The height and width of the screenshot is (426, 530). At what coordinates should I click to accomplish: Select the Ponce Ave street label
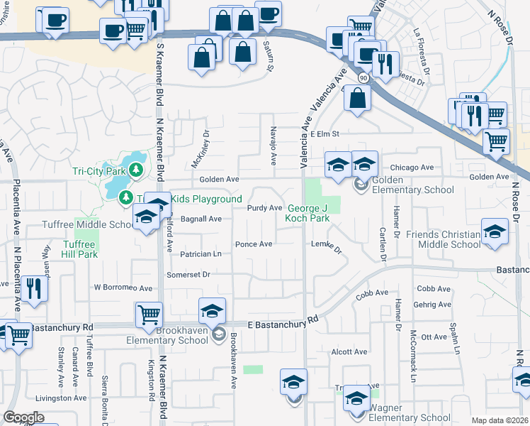pos(254,244)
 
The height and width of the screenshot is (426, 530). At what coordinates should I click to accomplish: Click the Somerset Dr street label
pos(188,274)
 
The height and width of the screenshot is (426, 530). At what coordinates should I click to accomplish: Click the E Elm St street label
pos(325,133)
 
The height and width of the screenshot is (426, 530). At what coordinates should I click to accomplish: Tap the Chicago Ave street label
pos(412,168)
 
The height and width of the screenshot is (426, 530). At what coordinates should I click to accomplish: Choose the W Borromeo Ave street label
pos(123,288)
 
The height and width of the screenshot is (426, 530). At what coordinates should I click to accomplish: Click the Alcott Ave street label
pos(349,351)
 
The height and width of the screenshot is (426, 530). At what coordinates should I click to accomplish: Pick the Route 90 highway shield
pos(363,76)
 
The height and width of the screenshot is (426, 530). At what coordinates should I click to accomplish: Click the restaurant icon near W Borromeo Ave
pos(33,288)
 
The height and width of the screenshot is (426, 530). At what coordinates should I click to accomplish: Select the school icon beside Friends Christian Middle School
pos(495,231)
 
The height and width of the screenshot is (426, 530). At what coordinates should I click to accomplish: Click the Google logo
pos(23,418)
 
